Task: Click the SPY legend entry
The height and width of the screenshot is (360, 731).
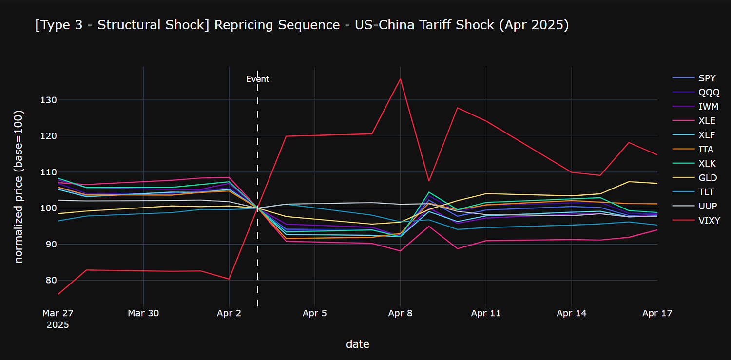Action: click(694, 78)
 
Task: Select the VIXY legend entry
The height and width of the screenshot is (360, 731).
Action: click(696, 221)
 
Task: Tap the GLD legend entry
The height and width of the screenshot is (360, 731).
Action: click(695, 178)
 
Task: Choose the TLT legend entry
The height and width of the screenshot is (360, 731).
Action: click(693, 192)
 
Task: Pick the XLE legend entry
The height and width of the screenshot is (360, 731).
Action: click(694, 121)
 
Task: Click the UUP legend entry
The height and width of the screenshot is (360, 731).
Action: click(695, 207)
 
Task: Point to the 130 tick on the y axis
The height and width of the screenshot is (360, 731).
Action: click(48, 100)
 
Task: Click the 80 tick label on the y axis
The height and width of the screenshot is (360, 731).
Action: click(51, 280)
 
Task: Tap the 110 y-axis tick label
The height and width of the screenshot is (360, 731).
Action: click(48, 172)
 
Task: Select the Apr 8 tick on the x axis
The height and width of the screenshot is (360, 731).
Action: click(400, 313)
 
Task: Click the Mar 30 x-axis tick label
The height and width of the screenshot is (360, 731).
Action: click(143, 313)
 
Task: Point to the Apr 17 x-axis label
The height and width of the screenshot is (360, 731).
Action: click(657, 313)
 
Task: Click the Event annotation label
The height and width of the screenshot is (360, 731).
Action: click(257, 79)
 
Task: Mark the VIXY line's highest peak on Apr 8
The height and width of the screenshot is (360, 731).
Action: click(400, 78)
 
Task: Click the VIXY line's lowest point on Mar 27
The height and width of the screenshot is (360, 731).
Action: click(58, 294)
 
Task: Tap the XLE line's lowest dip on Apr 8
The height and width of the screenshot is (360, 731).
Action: click(400, 251)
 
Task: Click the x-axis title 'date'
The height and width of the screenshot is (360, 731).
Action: click(357, 344)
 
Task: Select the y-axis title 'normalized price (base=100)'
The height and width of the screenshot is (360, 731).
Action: click(19, 187)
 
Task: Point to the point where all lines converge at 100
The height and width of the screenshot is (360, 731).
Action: click(257, 208)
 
